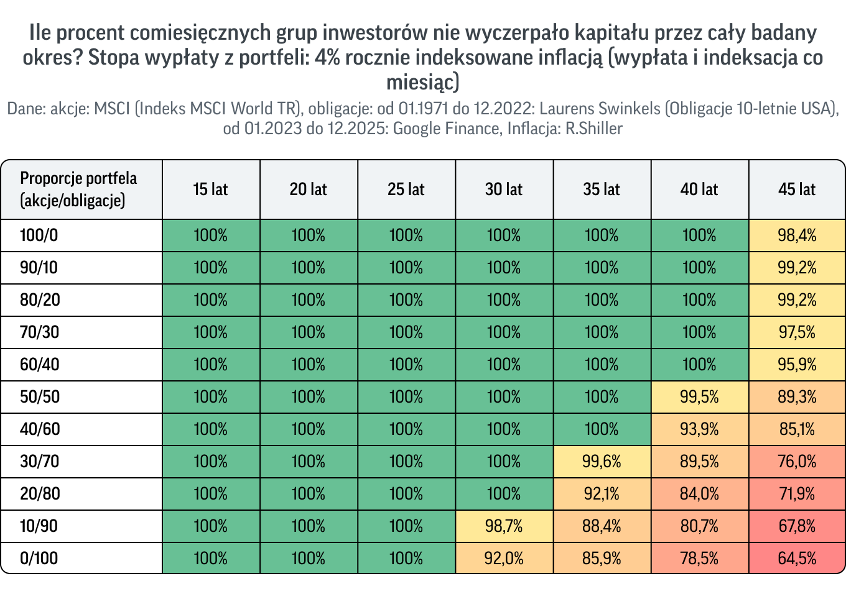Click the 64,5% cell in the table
pyautogui.click(x=797, y=558)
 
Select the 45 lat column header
pyautogui.click(x=797, y=190)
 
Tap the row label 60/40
pyautogui.click(x=40, y=365)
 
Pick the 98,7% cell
pyautogui.click(x=504, y=526)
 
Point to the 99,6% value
pyautogui.click(x=602, y=461)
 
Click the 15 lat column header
pyautogui.click(x=211, y=190)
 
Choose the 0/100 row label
pyautogui.click(x=39, y=558)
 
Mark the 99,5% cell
pyautogui.click(x=699, y=397)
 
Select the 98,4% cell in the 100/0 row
pyautogui.click(x=797, y=235)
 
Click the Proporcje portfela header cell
pyautogui.click(x=81, y=190)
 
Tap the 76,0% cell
pyautogui.click(x=797, y=461)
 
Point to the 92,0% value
pyautogui.click(x=504, y=558)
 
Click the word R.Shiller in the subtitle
pyautogui.click(x=593, y=129)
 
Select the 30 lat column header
pyautogui.click(x=504, y=190)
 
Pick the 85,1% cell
pyautogui.click(x=797, y=429)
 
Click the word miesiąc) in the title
pyautogui.click(x=422, y=82)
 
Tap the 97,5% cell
pyautogui.click(x=797, y=332)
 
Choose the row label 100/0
pyautogui.click(x=39, y=235)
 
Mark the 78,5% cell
pyautogui.click(x=699, y=558)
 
